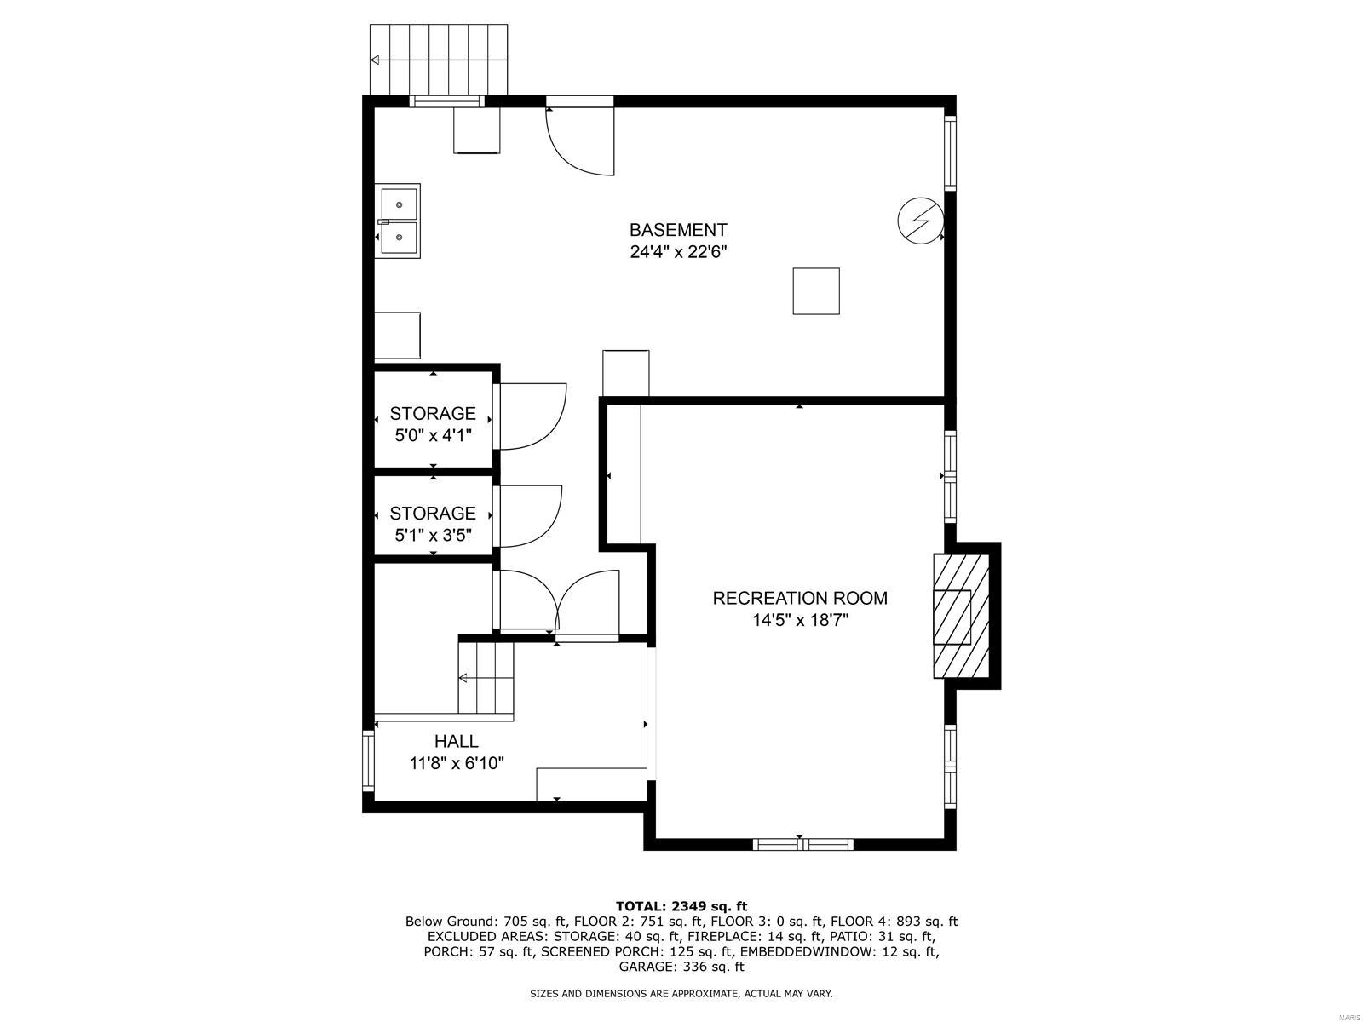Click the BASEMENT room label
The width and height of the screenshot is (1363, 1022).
(678, 230)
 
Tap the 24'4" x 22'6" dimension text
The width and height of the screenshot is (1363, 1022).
(678, 252)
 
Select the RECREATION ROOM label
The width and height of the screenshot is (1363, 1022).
(800, 598)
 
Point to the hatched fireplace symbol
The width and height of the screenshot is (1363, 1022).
(962, 616)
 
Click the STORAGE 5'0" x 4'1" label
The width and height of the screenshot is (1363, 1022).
(433, 424)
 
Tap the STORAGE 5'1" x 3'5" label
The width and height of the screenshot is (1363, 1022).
(433, 524)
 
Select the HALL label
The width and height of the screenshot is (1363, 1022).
(457, 741)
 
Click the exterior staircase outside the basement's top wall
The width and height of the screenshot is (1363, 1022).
(439, 60)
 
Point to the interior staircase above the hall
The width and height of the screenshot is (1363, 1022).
(487, 678)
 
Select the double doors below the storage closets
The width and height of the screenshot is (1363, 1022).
(557, 601)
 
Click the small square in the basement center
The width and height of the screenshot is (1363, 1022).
(816, 291)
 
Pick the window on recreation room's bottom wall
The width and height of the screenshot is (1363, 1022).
(802, 844)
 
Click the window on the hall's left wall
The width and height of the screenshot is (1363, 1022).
(369, 760)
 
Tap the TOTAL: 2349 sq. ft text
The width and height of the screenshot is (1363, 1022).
(681, 905)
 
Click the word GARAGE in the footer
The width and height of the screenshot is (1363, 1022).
(646, 967)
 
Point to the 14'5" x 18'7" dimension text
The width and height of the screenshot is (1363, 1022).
(800, 620)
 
